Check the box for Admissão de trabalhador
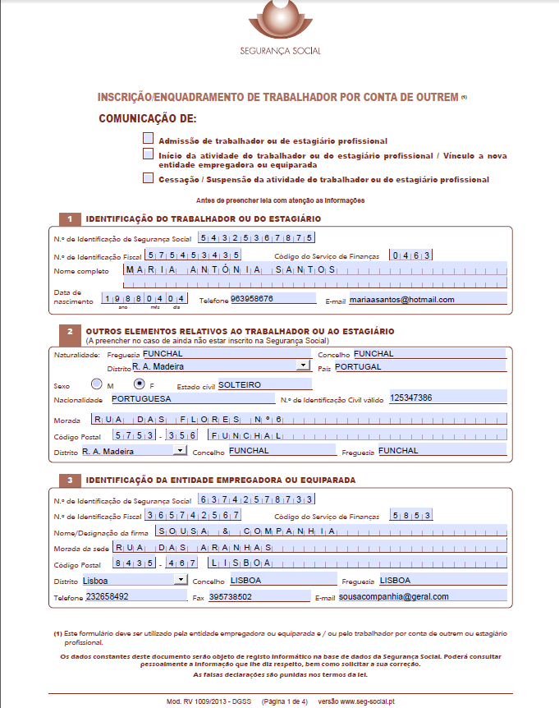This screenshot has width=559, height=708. click(148, 139)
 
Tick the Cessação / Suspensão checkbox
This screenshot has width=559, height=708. click(148, 177)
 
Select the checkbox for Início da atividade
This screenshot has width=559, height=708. click(148, 154)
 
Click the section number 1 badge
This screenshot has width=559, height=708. click(71, 218)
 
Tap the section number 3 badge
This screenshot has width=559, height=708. click(71, 480)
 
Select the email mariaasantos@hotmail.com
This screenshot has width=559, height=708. click(427, 300)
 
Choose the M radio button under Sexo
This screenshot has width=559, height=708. click(97, 384)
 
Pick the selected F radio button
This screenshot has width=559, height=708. click(139, 384)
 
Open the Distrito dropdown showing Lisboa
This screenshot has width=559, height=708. click(181, 580)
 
